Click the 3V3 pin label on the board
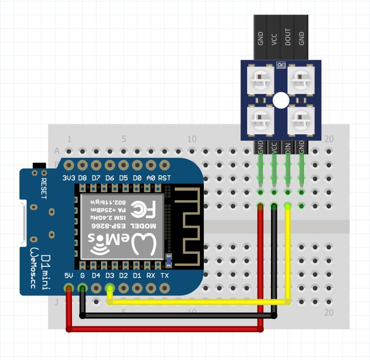point(69,178)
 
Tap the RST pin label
point(165,178)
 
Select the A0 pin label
point(151,178)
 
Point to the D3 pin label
point(110,276)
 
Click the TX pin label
point(165,276)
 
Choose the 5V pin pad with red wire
point(69,289)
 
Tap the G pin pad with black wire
point(83,289)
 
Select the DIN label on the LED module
point(288,147)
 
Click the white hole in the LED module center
point(281,100)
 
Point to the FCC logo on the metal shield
point(144,210)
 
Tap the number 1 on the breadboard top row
point(70,139)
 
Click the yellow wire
point(198,302)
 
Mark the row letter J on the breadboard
point(57,302)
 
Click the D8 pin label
point(83,178)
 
